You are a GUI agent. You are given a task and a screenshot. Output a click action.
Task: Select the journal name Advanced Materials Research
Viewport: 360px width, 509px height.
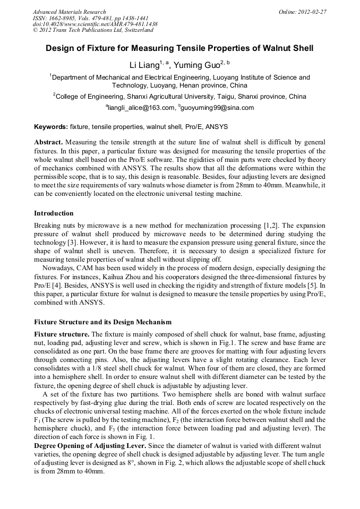click(x=69, y=12)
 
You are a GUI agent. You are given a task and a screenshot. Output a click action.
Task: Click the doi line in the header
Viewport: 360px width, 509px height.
click(x=95, y=24)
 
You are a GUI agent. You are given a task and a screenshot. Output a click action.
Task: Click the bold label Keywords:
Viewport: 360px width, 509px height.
click(x=50, y=127)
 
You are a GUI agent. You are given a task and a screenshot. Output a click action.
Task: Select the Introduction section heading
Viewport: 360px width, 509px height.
click(x=54, y=213)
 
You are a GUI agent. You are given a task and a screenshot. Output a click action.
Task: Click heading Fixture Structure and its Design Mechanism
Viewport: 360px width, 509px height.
click(x=103, y=322)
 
